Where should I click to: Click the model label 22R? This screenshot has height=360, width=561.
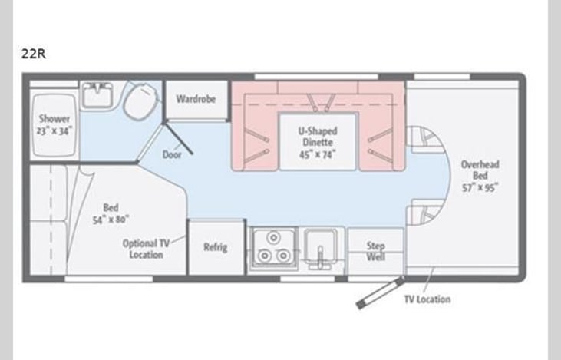[x=34, y=54]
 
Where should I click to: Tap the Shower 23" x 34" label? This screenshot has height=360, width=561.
[x=54, y=124]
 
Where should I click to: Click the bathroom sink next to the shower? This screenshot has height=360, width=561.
[x=99, y=97]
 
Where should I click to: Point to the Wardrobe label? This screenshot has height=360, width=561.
[x=196, y=99]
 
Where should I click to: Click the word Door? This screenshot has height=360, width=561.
[x=172, y=154]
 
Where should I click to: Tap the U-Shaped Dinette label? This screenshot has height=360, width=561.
[x=318, y=137]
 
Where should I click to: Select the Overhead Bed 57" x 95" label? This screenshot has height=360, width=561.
[x=480, y=176]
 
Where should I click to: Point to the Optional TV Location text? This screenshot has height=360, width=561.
[x=146, y=249]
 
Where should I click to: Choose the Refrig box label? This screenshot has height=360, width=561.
[x=215, y=247]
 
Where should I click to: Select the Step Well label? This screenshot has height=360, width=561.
[x=375, y=252]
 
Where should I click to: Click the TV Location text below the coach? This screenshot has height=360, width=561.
[x=427, y=299]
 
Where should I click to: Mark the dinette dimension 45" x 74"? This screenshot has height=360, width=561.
[x=318, y=153]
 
